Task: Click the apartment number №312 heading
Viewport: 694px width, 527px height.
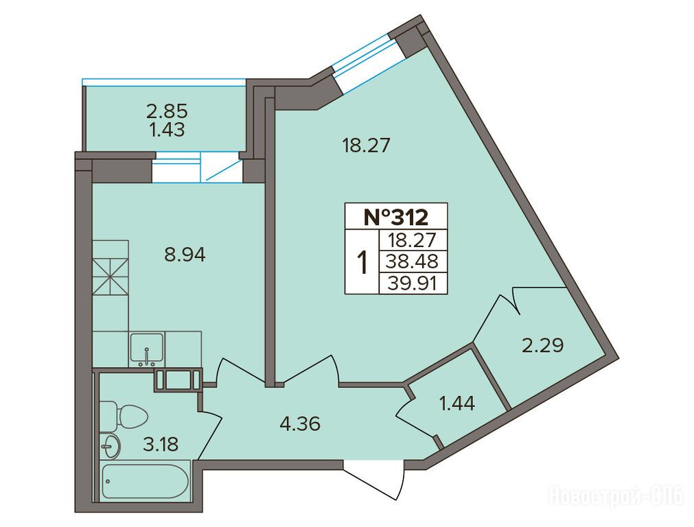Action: pos(395,218)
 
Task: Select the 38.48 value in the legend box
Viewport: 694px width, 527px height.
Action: pos(412,261)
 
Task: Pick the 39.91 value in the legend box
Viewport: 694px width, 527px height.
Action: pos(412,283)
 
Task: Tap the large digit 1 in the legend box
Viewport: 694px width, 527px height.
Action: pos(363,262)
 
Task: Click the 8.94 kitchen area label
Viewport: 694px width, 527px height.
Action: pos(185,255)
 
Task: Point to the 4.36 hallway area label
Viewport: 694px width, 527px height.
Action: pos(300,424)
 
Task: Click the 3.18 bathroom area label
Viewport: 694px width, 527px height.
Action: pos(161,444)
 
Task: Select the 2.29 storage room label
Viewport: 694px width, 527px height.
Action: pos(543,345)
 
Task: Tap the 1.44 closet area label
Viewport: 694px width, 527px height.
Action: pos(457,403)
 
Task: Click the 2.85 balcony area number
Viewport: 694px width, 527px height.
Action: pos(167,110)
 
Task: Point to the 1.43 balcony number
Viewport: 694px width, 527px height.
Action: pos(167,130)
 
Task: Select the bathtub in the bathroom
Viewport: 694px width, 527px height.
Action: pos(146,482)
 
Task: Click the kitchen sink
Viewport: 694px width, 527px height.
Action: pos(146,349)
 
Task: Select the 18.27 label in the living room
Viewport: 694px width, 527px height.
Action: pos(367,145)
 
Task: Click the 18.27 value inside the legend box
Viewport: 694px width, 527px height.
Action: pos(412,240)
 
